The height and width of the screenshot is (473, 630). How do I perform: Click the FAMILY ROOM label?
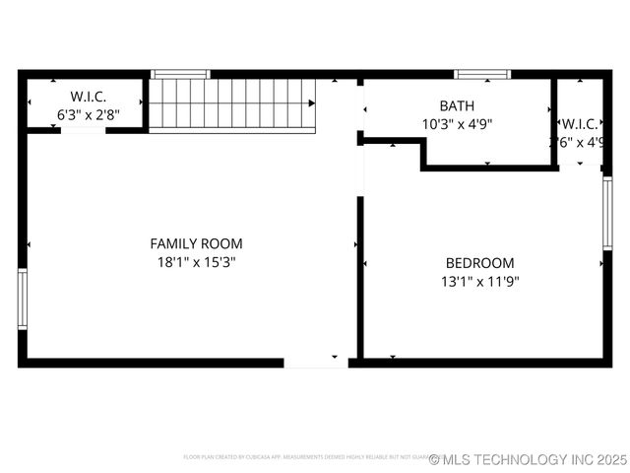(196, 243)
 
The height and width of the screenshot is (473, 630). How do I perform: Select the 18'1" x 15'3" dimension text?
(196, 262)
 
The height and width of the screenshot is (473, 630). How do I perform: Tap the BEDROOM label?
(479, 263)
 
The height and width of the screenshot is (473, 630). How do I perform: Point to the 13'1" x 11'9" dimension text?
(479, 281)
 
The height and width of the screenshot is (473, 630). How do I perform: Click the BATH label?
(457, 105)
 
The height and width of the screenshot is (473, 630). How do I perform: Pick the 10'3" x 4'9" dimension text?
(457, 124)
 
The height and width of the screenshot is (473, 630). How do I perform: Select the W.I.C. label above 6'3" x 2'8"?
(88, 97)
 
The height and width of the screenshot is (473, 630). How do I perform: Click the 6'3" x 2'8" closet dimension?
(88, 114)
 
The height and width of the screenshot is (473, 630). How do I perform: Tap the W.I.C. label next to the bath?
(579, 124)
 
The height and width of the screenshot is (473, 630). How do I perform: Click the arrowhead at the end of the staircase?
(311, 102)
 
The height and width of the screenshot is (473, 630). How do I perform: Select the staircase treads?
(230, 103)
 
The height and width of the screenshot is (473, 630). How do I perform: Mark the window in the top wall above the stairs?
(180, 74)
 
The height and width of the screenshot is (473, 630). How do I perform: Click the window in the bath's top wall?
(482, 74)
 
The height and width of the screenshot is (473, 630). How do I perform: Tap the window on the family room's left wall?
(22, 300)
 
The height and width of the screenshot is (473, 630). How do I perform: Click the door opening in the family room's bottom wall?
(316, 363)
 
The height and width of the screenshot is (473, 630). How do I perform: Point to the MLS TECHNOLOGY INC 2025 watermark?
(529, 459)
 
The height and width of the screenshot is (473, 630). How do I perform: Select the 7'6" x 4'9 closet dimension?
(579, 142)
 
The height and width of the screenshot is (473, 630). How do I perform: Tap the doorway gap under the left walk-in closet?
(84, 130)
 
